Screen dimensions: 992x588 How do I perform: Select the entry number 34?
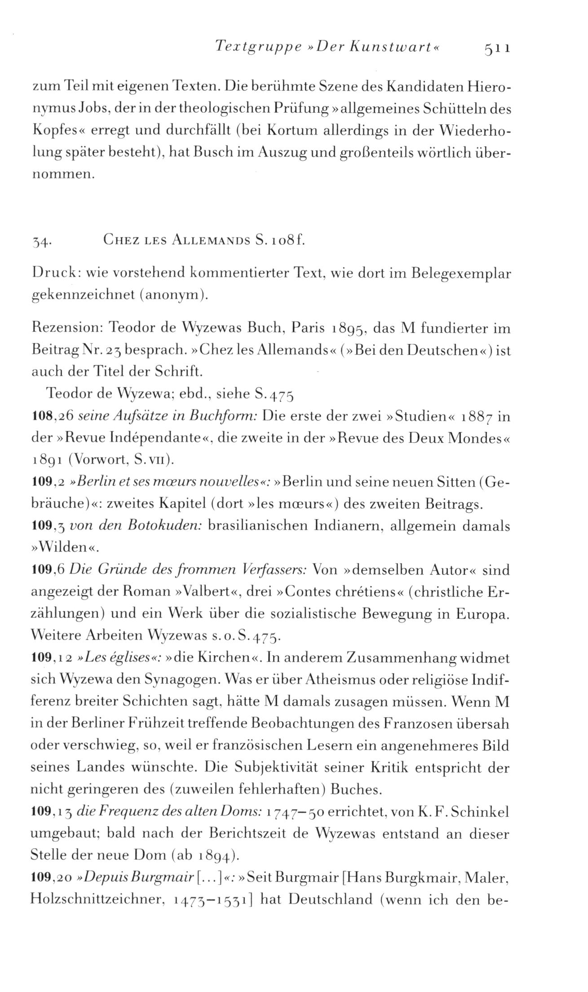click(x=43, y=242)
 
